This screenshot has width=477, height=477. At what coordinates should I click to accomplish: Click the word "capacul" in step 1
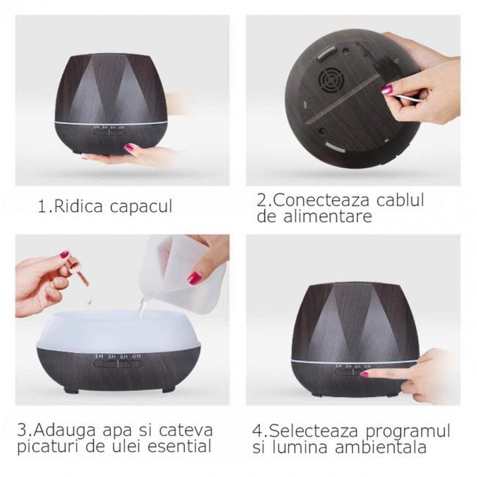[141, 207]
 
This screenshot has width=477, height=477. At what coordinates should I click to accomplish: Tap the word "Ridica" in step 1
[78, 206]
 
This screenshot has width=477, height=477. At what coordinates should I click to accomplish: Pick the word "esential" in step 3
[180, 447]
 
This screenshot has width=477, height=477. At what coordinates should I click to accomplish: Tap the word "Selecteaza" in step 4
[314, 431]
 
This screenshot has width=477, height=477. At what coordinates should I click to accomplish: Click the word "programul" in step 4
[408, 432]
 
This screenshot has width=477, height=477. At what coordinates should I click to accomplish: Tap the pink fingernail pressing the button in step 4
[364, 374]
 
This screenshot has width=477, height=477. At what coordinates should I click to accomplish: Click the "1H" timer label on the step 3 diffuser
[99, 356]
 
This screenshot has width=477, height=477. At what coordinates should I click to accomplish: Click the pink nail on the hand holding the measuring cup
[195, 277]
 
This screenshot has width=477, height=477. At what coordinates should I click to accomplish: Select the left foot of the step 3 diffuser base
[69, 390]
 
